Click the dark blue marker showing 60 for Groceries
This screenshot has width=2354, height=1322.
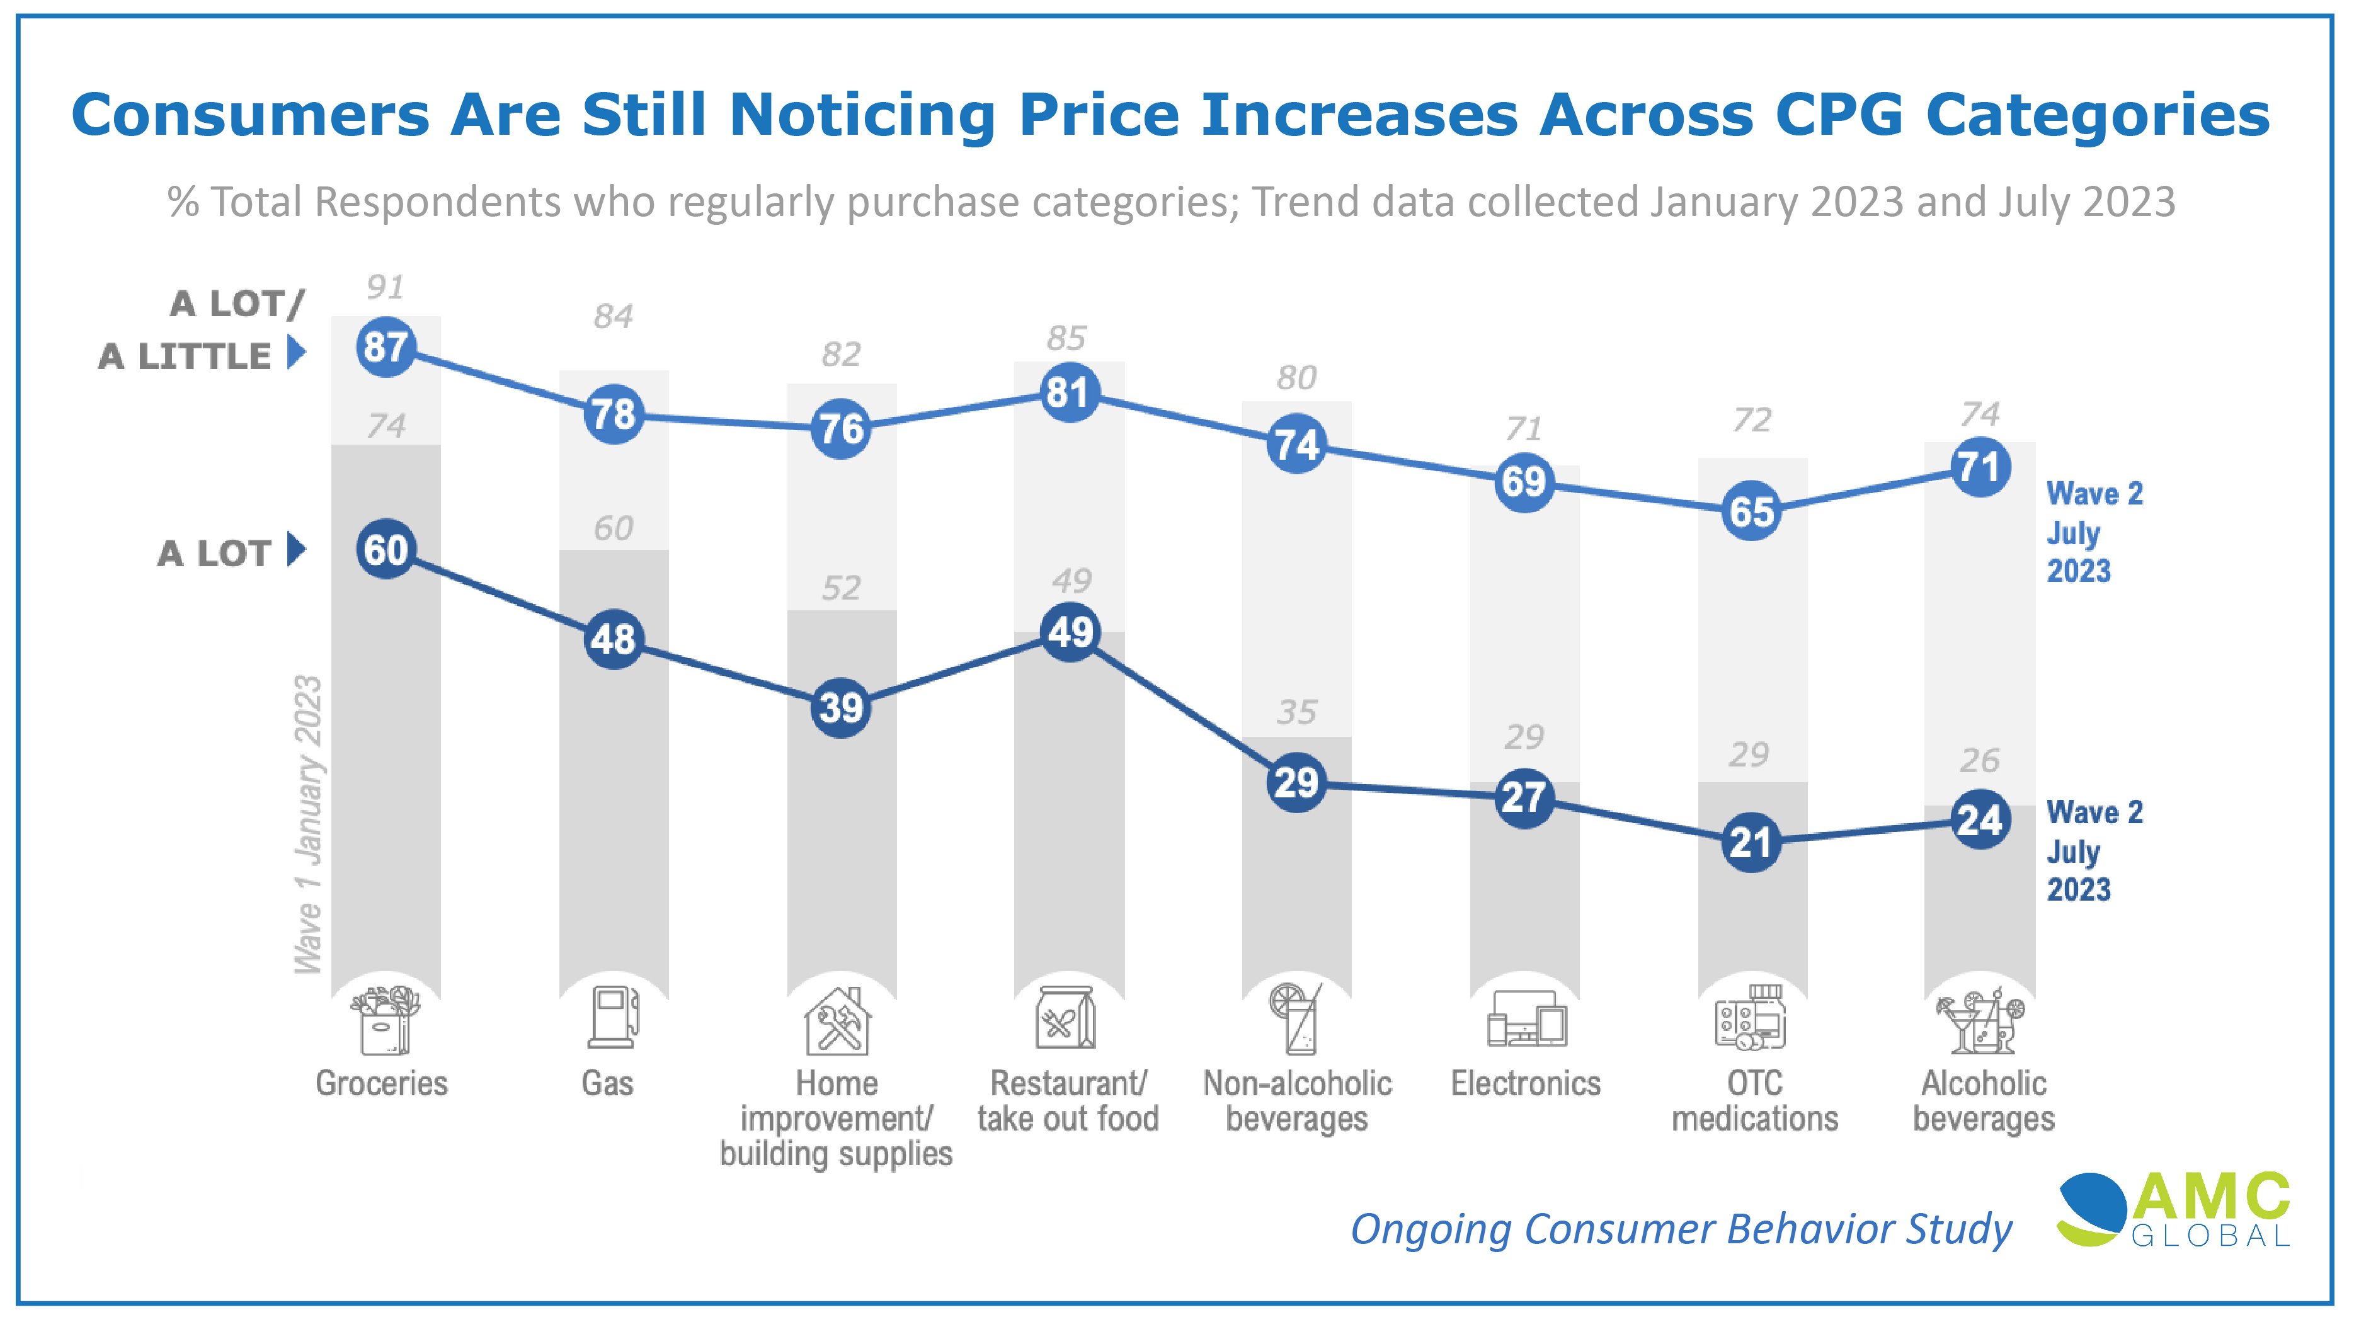coord(386,550)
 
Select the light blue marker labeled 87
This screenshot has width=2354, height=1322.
coord(386,347)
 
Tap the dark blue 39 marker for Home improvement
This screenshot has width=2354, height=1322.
coord(841,707)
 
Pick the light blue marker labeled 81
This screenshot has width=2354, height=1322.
coord(1068,393)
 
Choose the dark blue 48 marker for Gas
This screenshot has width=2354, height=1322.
coord(613,639)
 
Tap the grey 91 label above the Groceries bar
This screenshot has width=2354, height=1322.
coord(385,288)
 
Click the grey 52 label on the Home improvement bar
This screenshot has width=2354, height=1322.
coord(841,588)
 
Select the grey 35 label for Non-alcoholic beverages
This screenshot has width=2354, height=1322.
coord(1296,712)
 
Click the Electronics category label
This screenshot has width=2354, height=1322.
coord(1525,1083)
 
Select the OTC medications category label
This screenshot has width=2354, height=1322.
coord(1754,1101)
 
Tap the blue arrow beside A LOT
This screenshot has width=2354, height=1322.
coord(295,550)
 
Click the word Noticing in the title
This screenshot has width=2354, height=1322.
coord(862,115)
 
